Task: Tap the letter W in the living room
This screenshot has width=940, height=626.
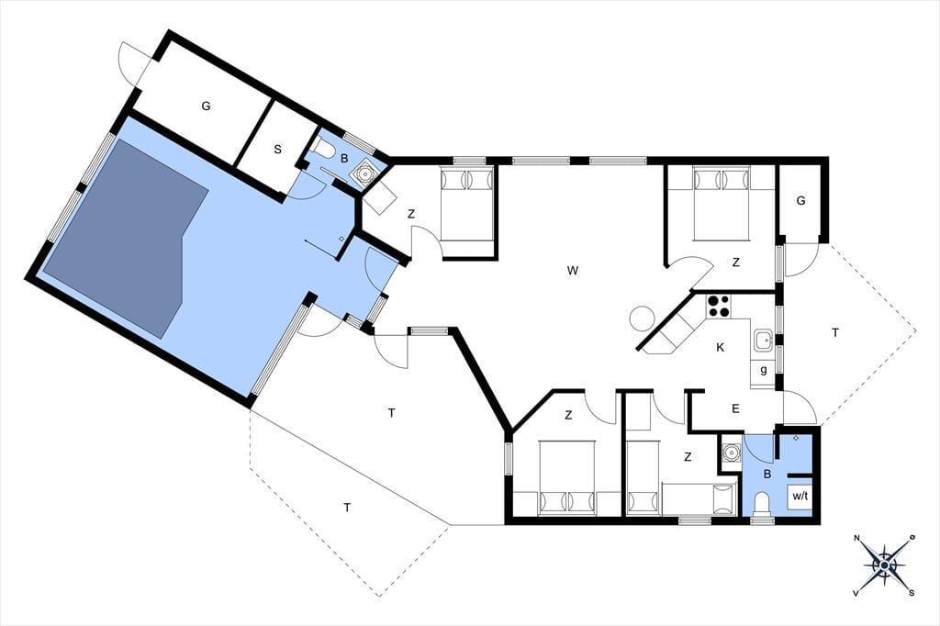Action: [573, 271]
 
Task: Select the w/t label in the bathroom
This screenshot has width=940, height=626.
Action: [800, 496]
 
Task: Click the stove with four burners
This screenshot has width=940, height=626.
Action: [718, 306]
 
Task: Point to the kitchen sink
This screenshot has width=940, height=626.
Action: [763, 341]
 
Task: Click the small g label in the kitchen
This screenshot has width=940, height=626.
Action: [763, 370]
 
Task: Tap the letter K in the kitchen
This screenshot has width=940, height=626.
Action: [721, 347]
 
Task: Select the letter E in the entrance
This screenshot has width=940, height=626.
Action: [735, 409]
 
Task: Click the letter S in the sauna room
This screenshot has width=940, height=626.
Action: [277, 150]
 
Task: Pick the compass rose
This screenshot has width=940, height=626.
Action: [884, 565]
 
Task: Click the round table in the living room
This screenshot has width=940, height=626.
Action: [643, 318]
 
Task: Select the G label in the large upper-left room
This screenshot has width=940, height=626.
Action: [207, 106]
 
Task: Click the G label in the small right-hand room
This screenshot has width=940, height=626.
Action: [800, 201]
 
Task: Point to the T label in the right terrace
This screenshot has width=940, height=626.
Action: [835, 333]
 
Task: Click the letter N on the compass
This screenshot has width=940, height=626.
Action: [857, 537]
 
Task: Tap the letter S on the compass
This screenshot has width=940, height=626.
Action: [912, 593]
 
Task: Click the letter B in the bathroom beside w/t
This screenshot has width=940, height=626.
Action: [767, 475]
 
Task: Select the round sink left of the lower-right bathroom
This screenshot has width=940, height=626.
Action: [731, 452]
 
